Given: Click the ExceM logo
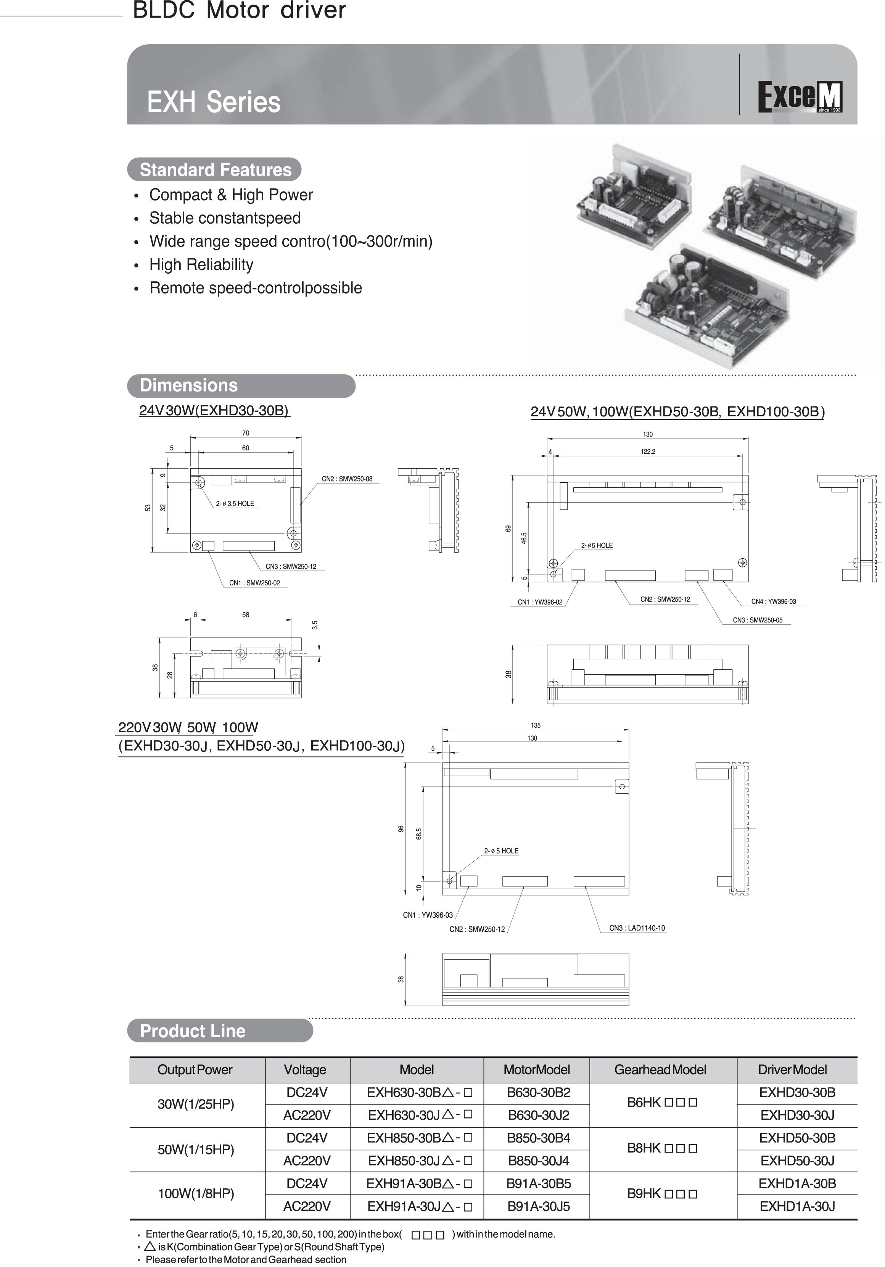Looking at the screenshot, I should (800, 97).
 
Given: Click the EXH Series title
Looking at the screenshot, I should (214, 102).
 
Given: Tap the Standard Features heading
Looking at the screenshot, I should (215, 170).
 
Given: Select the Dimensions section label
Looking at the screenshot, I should (189, 385).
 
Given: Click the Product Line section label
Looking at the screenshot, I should (193, 1031).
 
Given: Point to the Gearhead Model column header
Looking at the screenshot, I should (660, 1069).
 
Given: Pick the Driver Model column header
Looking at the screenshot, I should (792, 1069).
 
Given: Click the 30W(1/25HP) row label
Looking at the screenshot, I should (196, 1104).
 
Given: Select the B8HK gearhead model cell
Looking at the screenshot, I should (662, 1148).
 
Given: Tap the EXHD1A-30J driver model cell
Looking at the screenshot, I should (797, 1206).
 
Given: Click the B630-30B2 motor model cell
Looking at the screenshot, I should (539, 1093).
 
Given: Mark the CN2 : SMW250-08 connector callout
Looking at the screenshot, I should (347, 479).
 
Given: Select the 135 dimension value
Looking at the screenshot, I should (536, 725).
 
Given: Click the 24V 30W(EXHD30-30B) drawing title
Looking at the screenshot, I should (214, 411).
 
